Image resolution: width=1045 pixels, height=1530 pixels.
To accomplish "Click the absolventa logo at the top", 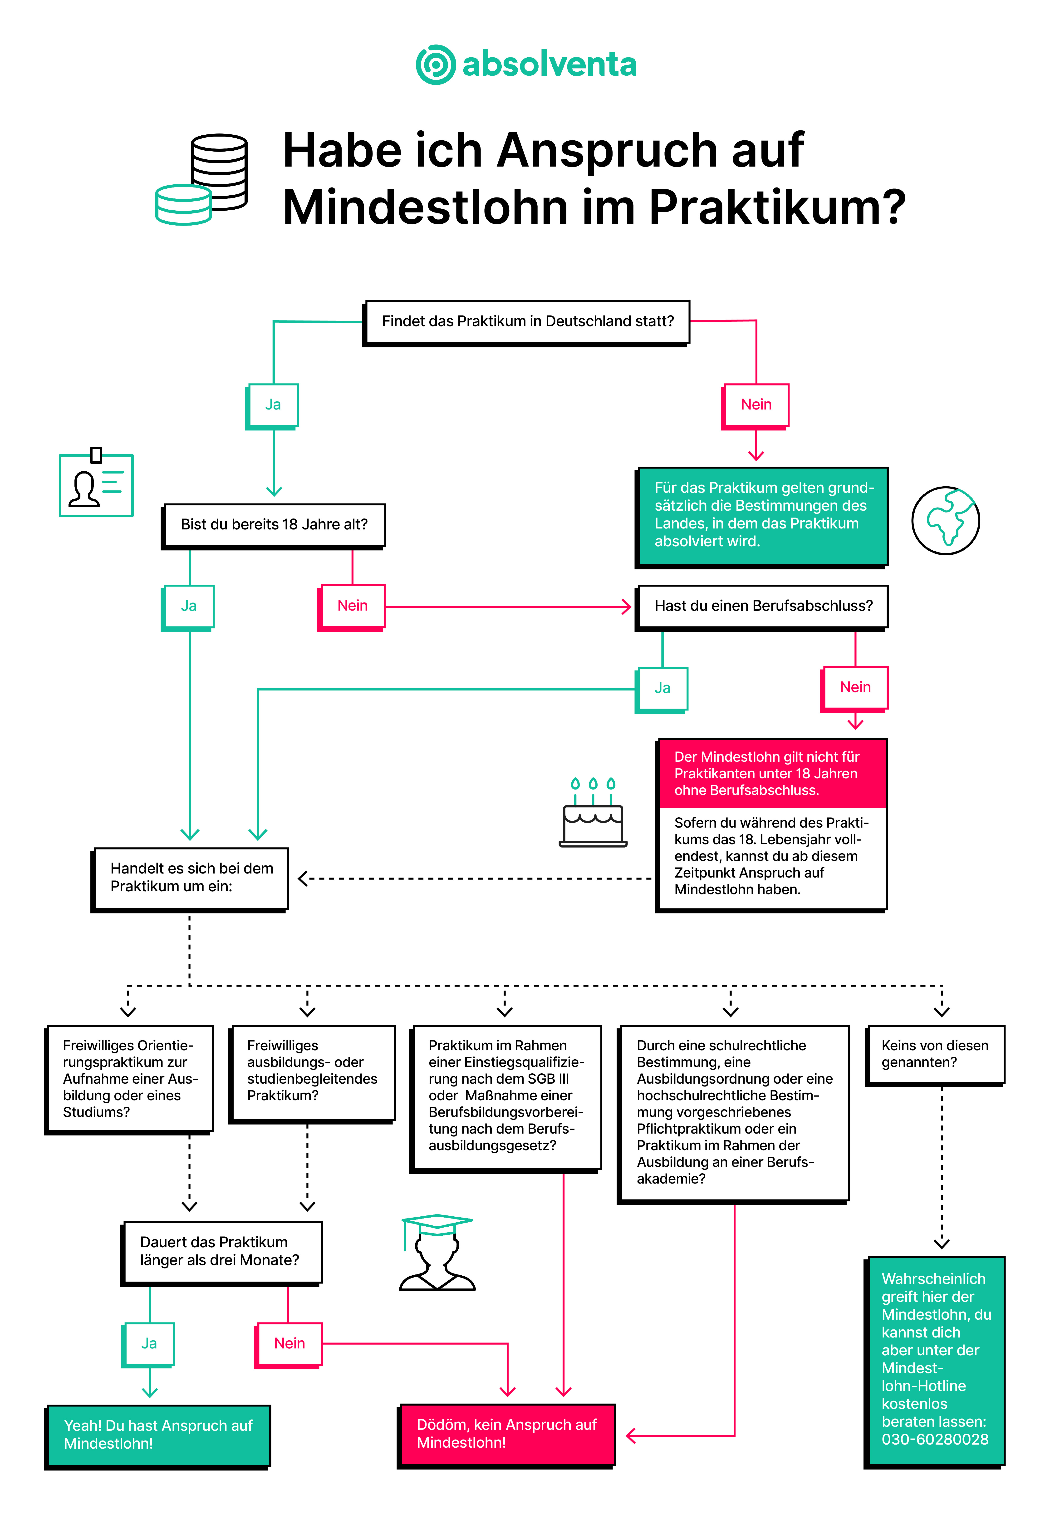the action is (x=526, y=64).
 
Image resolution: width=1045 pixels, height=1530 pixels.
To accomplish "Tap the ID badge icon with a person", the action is (x=96, y=483).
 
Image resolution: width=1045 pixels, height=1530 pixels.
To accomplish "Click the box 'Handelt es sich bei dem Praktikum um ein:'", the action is (x=190, y=879).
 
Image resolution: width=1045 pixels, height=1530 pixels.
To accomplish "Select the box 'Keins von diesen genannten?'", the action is (x=935, y=1055).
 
